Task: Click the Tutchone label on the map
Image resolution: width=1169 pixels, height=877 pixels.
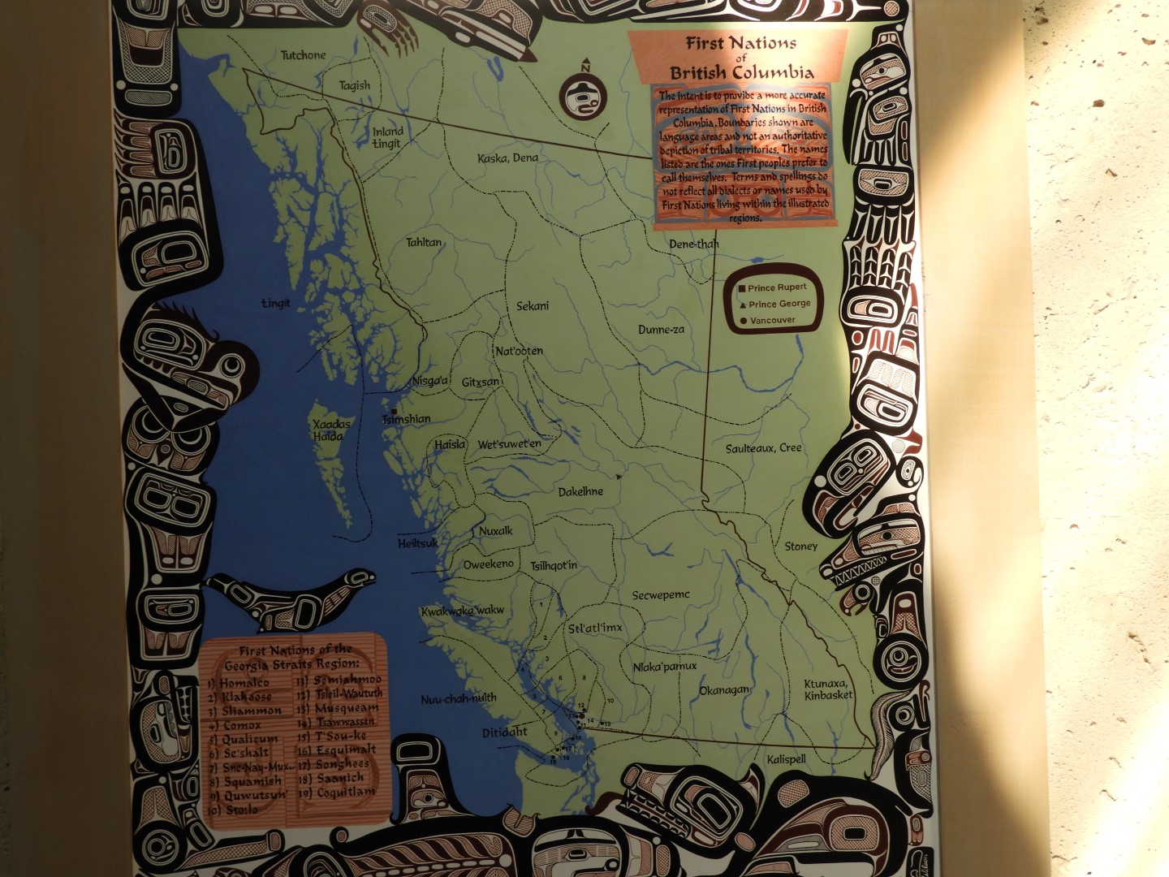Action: point(303,55)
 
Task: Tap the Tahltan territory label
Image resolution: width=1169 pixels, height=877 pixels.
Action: point(424,242)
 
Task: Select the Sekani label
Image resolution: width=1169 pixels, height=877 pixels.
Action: point(533,306)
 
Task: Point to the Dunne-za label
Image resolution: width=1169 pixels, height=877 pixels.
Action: point(661,330)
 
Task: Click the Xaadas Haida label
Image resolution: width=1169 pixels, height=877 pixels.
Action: point(331,430)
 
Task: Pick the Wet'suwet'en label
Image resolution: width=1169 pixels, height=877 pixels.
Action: point(509,444)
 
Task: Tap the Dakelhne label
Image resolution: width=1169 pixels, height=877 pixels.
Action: point(580,492)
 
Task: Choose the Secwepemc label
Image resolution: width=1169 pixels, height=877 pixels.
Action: point(661,595)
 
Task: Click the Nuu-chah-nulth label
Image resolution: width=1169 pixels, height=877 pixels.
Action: point(459,698)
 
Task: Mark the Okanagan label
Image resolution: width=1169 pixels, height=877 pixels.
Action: point(724,690)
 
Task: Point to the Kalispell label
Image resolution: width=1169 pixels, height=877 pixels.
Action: point(786,759)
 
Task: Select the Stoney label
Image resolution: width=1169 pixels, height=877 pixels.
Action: point(800,547)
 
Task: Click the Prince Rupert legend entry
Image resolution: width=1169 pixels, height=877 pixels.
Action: point(777,287)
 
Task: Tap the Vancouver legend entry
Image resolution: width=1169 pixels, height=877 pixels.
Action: point(772,320)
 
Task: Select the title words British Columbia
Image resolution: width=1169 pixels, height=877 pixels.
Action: point(741,72)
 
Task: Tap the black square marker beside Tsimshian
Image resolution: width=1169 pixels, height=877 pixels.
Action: point(393,412)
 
